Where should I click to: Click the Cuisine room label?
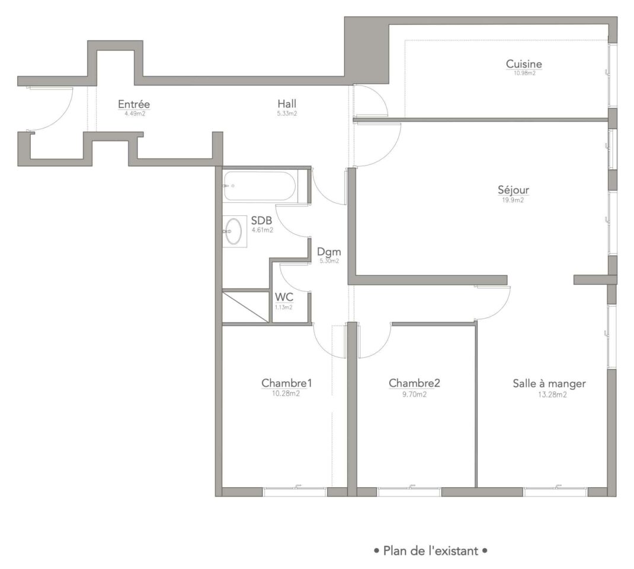[524, 63]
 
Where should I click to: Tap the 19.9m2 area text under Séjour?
[513, 200]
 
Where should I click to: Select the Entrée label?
[134, 104]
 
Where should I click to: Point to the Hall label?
[287, 104]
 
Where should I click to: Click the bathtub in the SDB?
[260, 186]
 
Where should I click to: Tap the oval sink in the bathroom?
[233, 231]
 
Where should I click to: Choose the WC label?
[284, 297]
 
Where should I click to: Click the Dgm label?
[329, 252]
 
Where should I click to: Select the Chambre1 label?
[287, 383]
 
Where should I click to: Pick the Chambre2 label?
[414, 383]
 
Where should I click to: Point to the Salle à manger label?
[549, 383]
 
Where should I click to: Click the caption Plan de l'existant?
[431, 551]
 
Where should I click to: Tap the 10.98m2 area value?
[524, 74]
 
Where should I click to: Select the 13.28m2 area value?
[552, 395]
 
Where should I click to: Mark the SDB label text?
[261, 221]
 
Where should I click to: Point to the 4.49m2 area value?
[135, 114]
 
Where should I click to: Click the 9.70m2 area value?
[414, 394]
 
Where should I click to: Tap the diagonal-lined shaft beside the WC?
[245, 307]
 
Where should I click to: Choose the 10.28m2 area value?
[286, 393]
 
